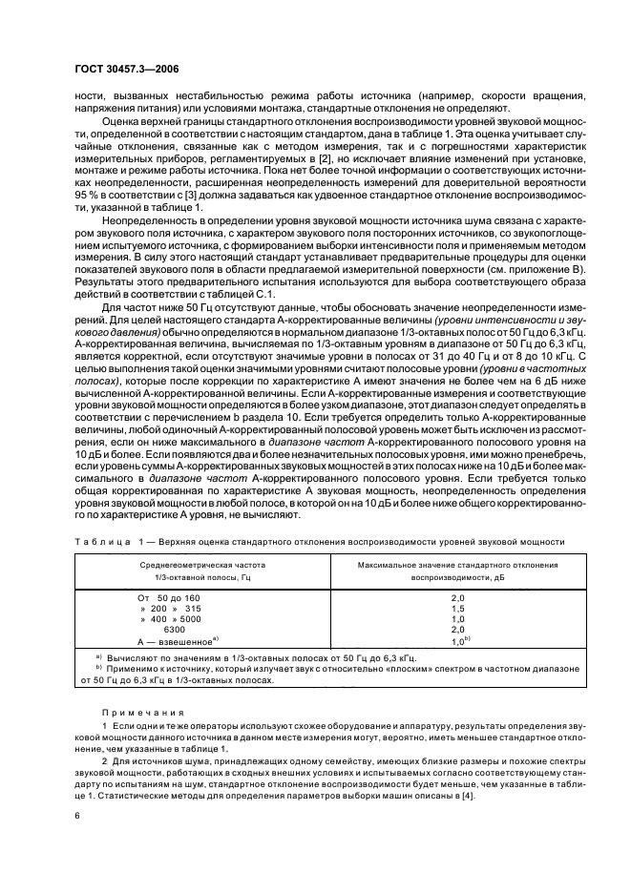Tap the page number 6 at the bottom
76,817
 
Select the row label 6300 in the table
176,631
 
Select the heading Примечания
134,712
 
